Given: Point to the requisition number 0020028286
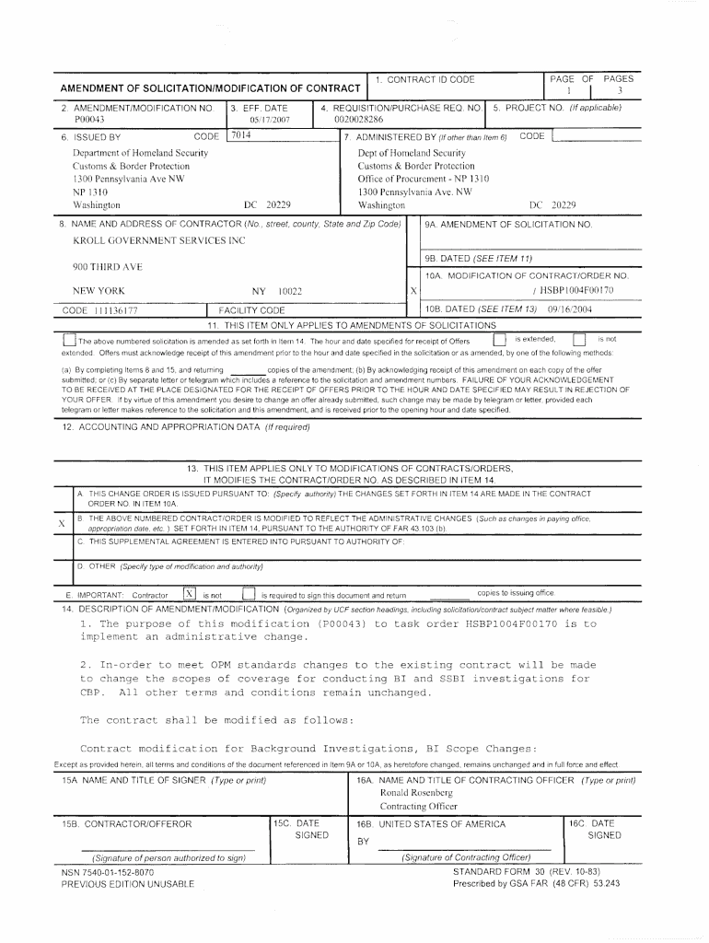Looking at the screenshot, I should click(358, 120).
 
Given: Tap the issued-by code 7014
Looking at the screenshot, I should click(241, 135).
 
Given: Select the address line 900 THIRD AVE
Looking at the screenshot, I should click(108, 267).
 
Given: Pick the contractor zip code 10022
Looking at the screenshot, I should click(290, 291).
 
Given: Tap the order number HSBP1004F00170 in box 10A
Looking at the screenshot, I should click(572, 291).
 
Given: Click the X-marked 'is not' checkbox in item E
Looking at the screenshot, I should click(190, 593).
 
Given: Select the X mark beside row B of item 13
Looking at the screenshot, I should click(62, 524).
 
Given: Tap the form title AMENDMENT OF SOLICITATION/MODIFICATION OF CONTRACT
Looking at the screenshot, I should click(210, 88).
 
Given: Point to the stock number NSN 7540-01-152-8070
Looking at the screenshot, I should click(108, 871).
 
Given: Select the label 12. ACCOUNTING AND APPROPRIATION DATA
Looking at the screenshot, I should click(185, 427).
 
